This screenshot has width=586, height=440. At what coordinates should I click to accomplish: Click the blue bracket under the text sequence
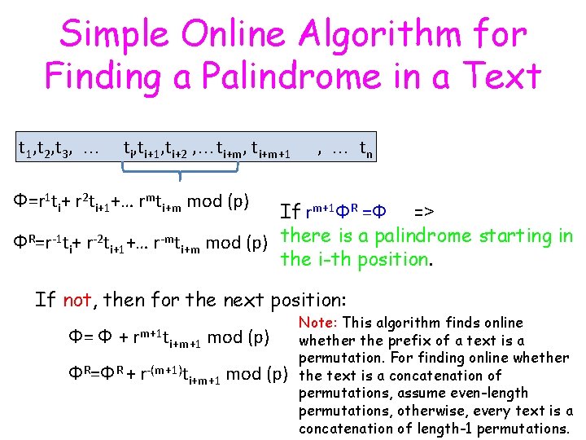click(x=180, y=169)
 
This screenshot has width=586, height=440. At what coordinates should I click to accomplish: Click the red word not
click(x=77, y=299)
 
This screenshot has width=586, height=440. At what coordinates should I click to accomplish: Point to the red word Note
click(x=316, y=323)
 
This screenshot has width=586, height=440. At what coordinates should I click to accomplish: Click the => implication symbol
click(x=423, y=212)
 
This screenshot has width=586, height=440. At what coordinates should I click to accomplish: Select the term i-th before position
click(x=335, y=260)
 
